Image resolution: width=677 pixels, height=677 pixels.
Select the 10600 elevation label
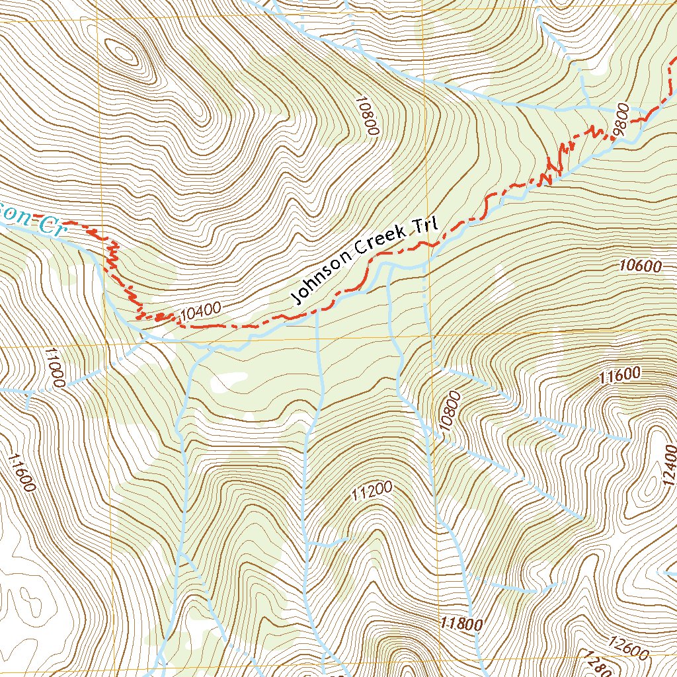click(641, 266)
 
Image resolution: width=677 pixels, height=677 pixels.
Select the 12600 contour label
click(628, 649)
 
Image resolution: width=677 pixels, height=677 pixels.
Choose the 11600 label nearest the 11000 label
click(21, 472)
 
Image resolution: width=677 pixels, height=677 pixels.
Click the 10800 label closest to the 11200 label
click(448, 411)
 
